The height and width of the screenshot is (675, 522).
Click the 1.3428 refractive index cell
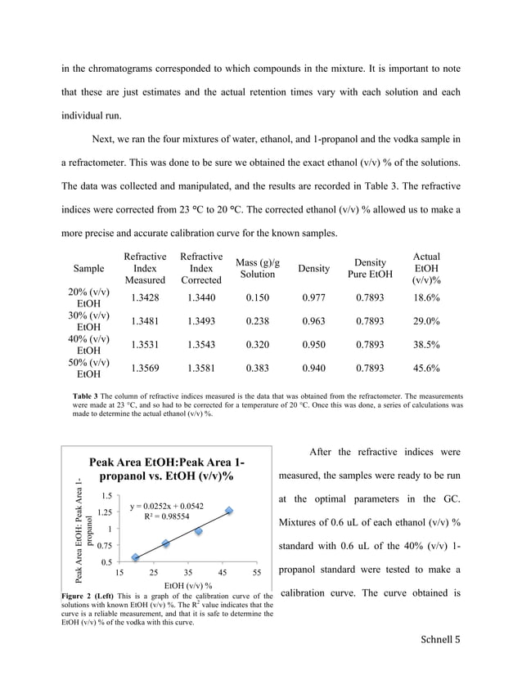pyautogui.click(x=145, y=298)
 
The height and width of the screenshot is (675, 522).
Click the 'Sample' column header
pyautogui.click(x=88, y=268)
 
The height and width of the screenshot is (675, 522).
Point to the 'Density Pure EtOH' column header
pyautogui.click(x=371, y=268)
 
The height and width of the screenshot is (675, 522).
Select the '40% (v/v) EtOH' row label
pyautogui.click(x=88, y=345)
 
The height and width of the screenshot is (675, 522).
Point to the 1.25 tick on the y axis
pyautogui.click(x=104, y=512)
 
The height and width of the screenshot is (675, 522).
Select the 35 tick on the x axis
pyautogui.click(x=188, y=574)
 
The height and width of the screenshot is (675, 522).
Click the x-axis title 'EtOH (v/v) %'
pyautogui.click(x=188, y=586)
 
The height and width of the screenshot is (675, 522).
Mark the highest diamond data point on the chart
pyautogui.click(x=229, y=511)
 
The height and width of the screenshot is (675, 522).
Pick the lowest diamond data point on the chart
pyautogui.click(x=135, y=558)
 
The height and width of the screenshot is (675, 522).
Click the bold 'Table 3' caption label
pyautogui.click(x=88, y=396)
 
